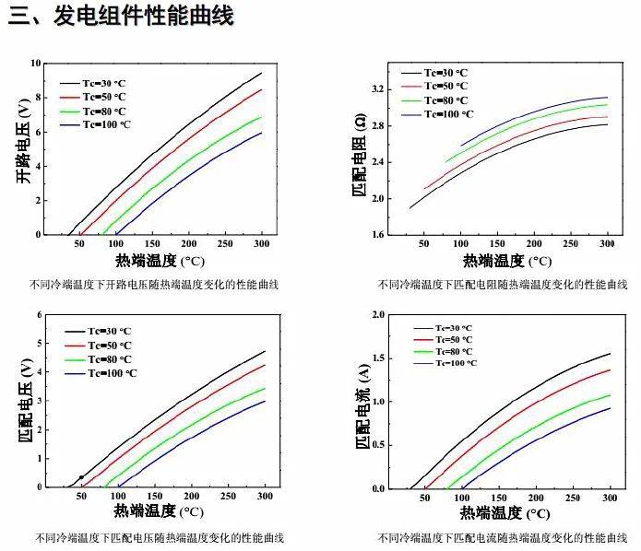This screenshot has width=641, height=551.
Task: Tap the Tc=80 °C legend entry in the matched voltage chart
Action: pos(110,359)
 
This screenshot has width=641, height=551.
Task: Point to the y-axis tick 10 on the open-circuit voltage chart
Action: pos(36,63)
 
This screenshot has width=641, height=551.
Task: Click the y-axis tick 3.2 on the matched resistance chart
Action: pos(377,89)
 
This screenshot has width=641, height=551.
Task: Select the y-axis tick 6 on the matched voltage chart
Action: pos(40,315)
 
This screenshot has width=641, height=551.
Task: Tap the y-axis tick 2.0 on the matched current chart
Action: pos(377,315)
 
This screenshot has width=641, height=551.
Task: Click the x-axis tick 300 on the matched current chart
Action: pos(610,498)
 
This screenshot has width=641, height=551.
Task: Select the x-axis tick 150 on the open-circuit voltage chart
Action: pos(152,244)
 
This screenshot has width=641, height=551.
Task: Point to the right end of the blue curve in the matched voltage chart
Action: pos(265,401)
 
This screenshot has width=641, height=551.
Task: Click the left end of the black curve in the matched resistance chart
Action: pos(410,208)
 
